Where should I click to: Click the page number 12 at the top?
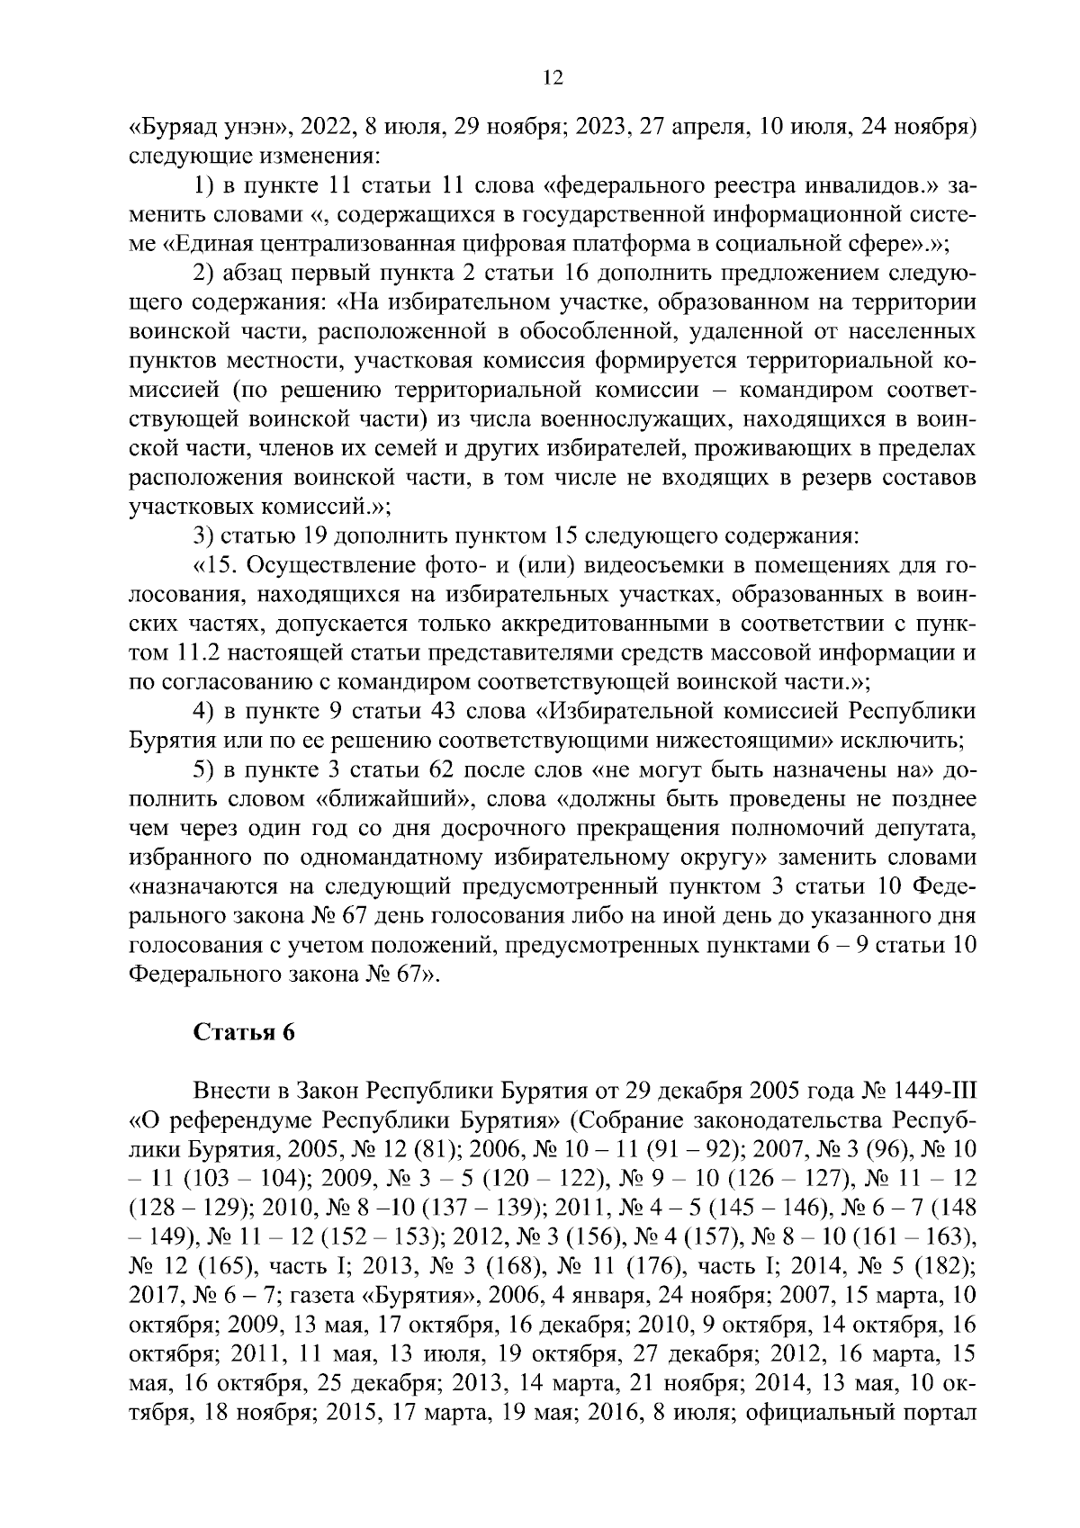pyautogui.click(x=553, y=78)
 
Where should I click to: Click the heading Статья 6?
pyautogui.click(x=244, y=1032)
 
